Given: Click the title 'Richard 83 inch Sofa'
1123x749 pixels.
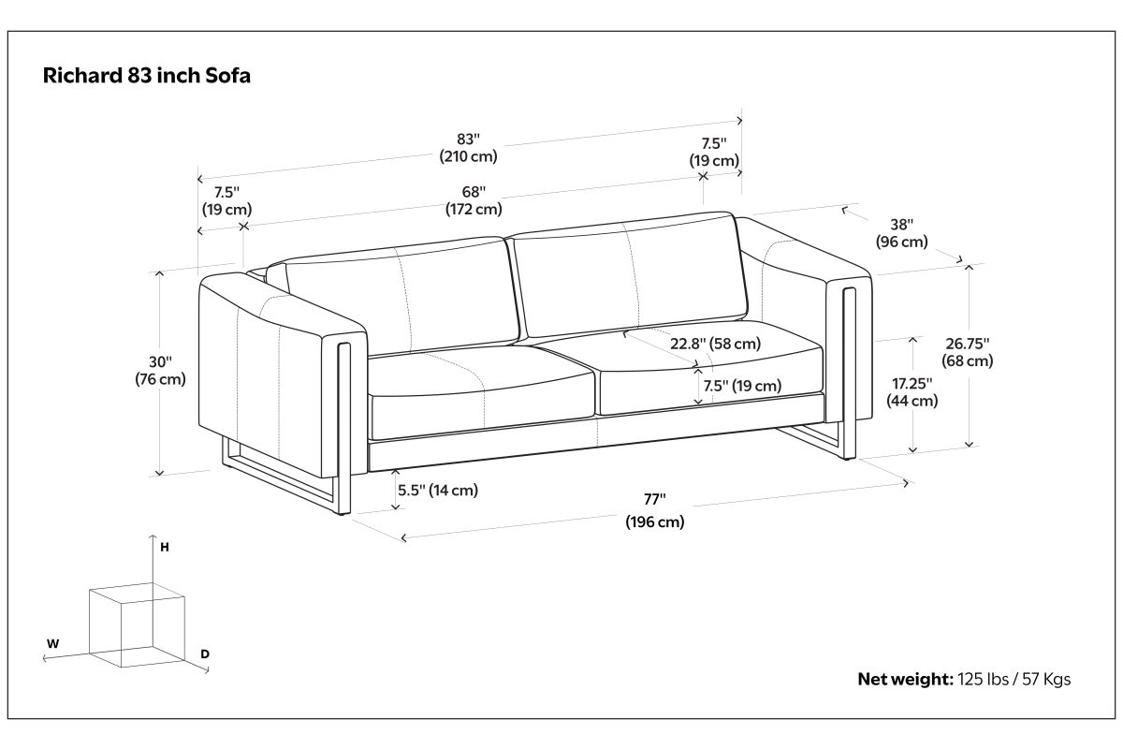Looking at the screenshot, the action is pyautogui.click(x=146, y=76).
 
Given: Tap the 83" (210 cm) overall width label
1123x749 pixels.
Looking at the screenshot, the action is pyautogui.click(x=468, y=148).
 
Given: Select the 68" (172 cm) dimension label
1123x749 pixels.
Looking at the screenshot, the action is pyautogui.click(x=474, y=200).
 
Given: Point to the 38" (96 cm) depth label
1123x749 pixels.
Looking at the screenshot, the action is pyautogui.click(x=902, y=233).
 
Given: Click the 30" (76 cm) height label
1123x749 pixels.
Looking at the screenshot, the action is pyautogui.click(x=160, y=370).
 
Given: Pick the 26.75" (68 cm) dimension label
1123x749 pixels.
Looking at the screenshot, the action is pyautogui.click(x=967, y=352).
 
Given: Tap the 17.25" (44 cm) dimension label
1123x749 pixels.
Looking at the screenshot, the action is pyautogui.click(x=912, y=391).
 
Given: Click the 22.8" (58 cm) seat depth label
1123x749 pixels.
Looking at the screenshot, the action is pyautogui.click(x=715, y=344).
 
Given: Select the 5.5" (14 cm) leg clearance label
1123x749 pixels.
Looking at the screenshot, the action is pyautogui.click(x=438, y=490).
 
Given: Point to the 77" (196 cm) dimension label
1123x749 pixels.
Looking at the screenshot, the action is pyautogui.click(x=655, y=510).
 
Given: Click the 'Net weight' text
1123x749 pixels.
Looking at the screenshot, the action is pyautogui.click(x=906, y=679).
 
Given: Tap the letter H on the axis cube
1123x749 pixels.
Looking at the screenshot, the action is pyautogui.click(x=165, y=548).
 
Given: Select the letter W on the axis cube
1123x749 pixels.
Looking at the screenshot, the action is pyautogui.click(x=52, y=643).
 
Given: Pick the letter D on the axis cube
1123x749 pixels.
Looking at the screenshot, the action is pyautogui.click(x=205, y=654).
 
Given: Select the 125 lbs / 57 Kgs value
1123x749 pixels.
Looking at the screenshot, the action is pyautogui.click(x=1014, y=679).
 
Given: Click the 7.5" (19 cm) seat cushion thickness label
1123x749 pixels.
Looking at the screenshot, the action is pyautogui.click(x=742, y=386).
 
